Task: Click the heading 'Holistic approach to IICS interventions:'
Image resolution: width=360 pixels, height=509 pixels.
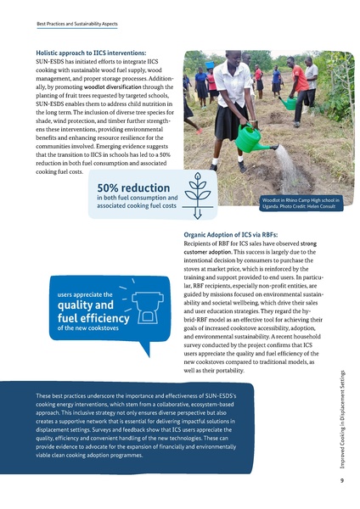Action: tap(90, 53)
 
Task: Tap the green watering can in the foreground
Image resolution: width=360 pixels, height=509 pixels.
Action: tap(249, 137)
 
